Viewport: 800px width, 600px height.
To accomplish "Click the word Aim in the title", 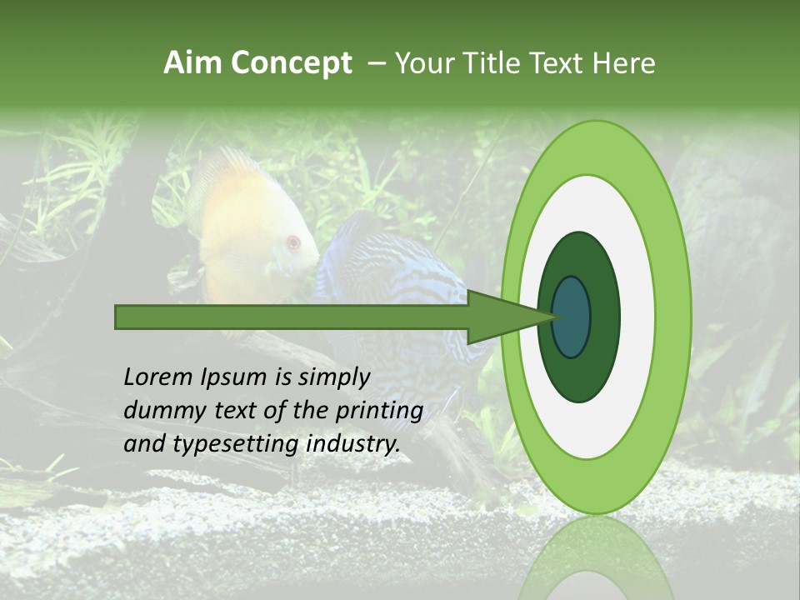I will pos(193,63).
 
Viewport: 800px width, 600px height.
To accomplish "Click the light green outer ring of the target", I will pos(675,317).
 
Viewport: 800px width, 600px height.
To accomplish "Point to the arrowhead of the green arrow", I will pos(500,317).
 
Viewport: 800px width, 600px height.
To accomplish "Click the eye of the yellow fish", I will pos(292,243).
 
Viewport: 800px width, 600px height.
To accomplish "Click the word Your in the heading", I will pos(425,63).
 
